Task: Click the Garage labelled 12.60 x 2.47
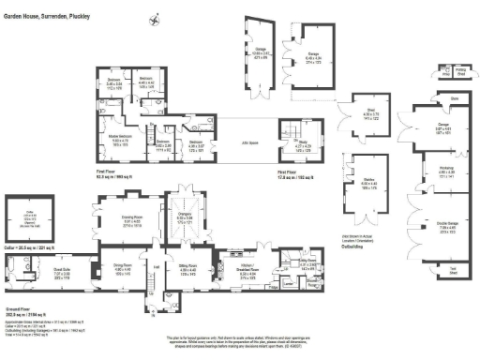[261, 52]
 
